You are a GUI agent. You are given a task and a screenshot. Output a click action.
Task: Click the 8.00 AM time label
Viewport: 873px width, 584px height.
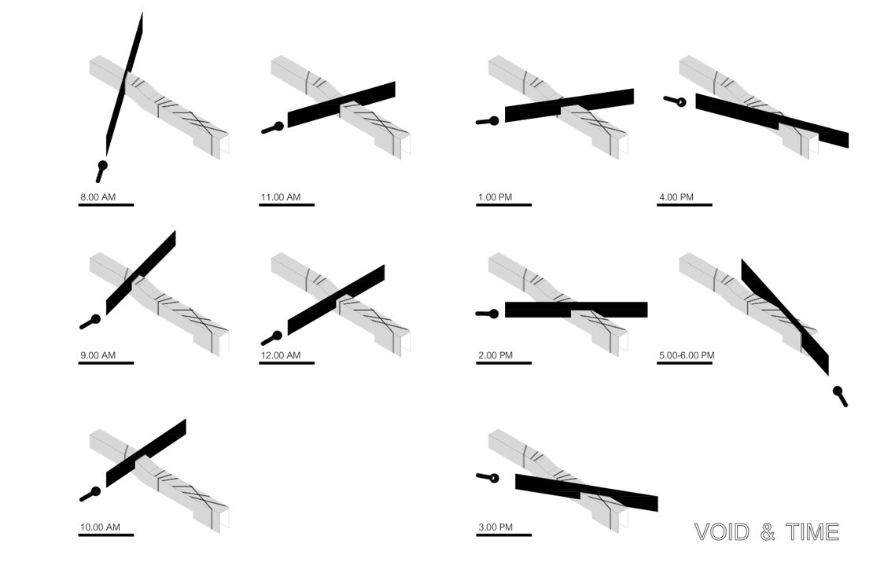(x=98, y=197)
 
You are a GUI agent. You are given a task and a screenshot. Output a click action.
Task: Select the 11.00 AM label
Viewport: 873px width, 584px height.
(x=281, y=197)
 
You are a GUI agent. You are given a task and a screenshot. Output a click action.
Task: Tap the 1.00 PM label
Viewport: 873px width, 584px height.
(x=495, y=197)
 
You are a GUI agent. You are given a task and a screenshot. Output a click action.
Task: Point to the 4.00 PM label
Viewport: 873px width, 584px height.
(x=676, y=197)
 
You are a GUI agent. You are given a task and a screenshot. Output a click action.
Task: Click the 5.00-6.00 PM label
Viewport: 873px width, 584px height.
(x=687, y=355)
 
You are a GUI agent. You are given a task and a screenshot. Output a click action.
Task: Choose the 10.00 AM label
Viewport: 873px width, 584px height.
(x=100, y=527)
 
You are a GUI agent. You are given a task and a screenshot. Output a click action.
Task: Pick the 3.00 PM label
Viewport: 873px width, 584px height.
(x=495, y=527)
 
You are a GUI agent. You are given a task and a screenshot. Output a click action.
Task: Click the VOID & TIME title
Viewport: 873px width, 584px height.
(x=767, y=532)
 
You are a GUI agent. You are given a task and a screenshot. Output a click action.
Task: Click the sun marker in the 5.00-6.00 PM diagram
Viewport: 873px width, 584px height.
(x=838, y=392)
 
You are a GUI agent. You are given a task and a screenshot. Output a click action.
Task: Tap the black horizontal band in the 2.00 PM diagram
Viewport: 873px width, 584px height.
(x=576, y=310)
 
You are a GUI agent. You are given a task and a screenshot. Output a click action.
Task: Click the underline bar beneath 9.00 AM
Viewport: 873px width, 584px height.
(x=106, y=363)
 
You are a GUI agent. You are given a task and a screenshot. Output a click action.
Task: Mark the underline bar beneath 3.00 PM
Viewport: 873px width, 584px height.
(x=503, y=535)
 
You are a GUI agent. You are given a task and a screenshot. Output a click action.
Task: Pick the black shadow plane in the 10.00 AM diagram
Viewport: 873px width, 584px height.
(x=146, y=452)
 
